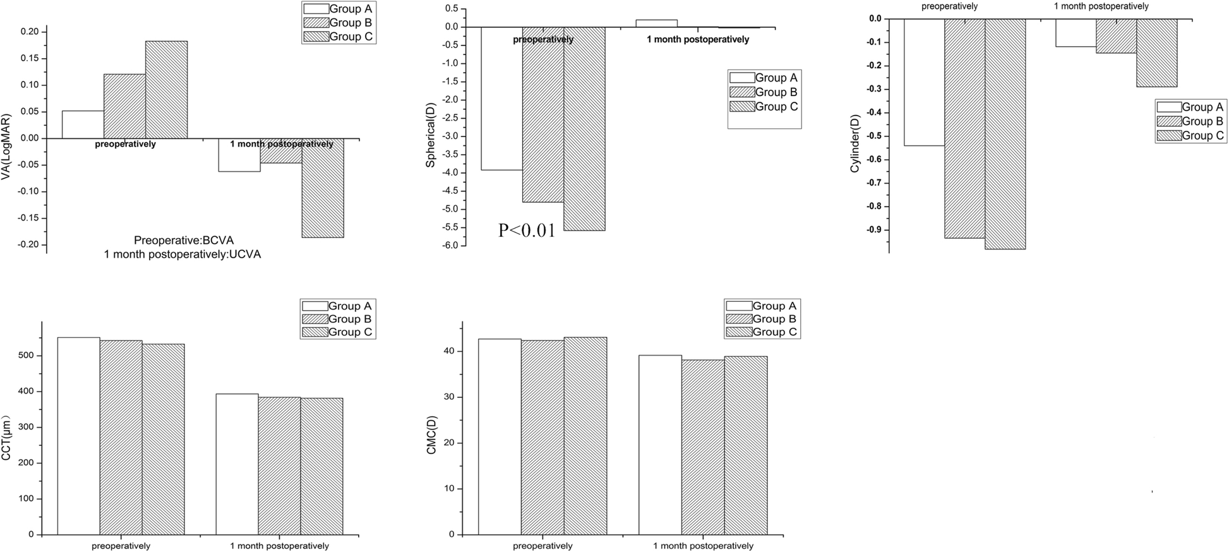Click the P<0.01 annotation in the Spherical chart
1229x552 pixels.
(527, 231)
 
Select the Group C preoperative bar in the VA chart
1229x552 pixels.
(166, 90)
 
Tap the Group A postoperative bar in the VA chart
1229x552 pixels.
(239, 155)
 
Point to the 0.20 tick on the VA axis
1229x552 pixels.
(30, 32)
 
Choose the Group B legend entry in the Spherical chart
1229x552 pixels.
(764, 92)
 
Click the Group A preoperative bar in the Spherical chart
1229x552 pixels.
(501, 98)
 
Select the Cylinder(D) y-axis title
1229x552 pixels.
(855, 136)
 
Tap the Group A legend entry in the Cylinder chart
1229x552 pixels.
(1190, 107)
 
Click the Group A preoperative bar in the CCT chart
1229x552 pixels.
(78, 436)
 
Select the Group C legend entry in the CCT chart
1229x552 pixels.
(338, 332)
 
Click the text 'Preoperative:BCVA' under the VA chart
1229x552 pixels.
(184, 241)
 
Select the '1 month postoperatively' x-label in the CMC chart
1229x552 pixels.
(703, 546)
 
